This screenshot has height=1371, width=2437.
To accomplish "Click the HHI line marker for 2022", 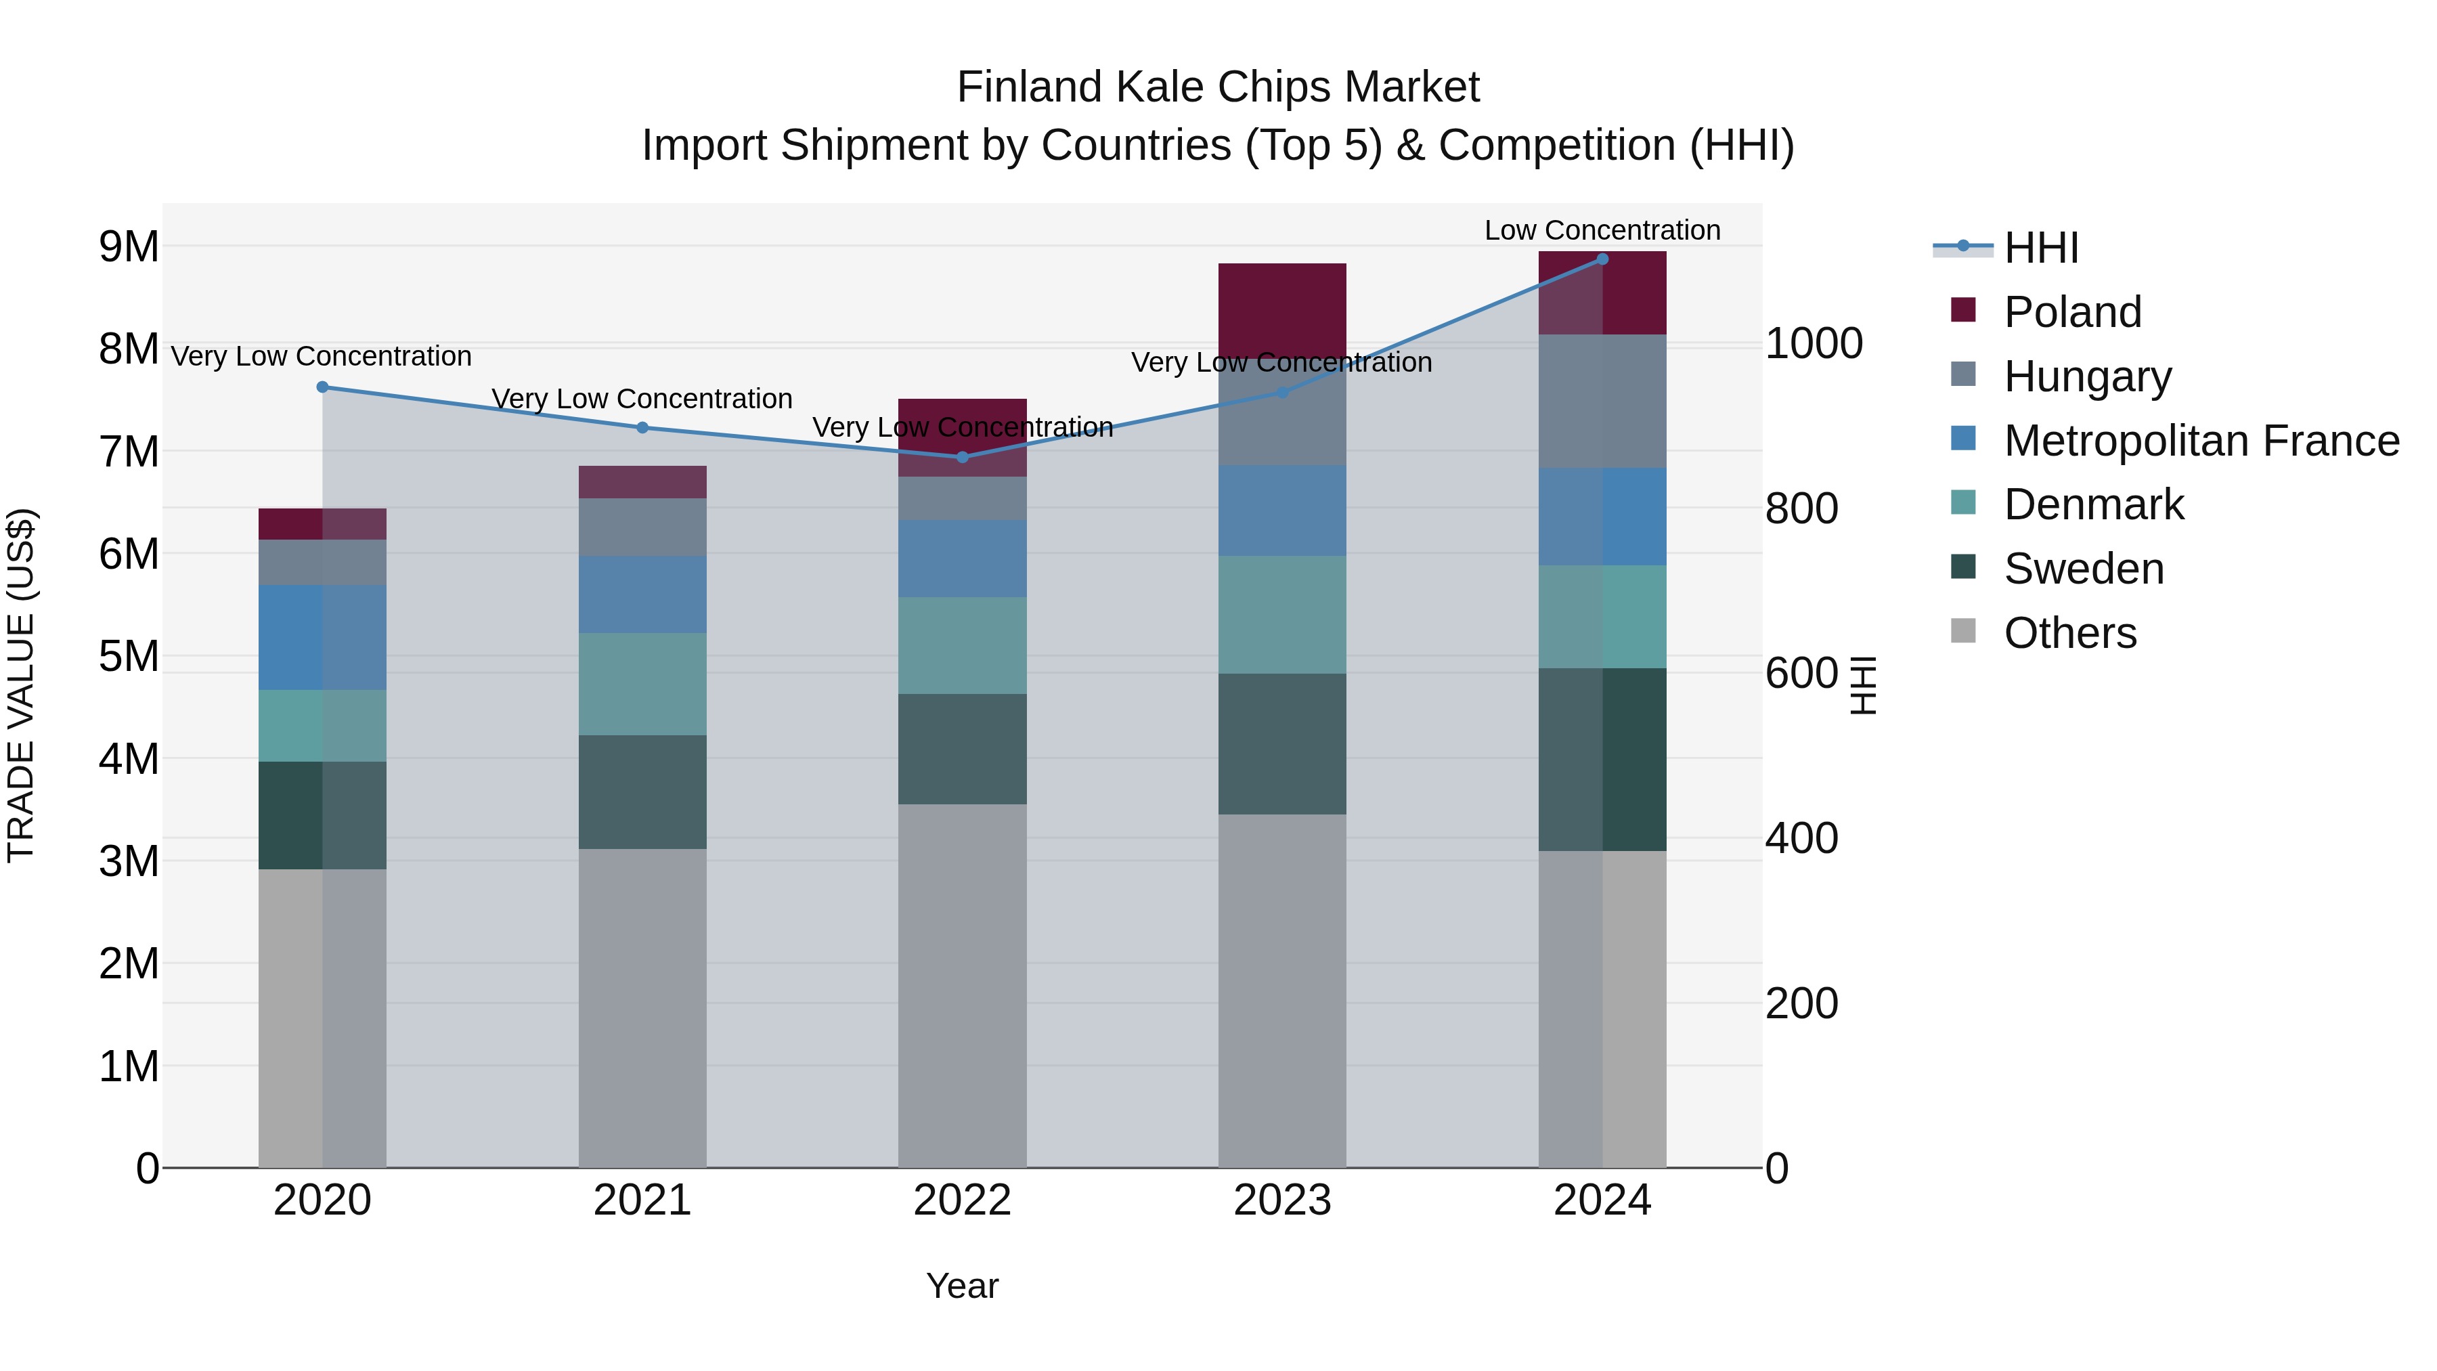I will pyautogui.click(x=962, y=457).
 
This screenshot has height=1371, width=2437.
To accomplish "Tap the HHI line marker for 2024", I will pyautogui.click(x=1602, y=259).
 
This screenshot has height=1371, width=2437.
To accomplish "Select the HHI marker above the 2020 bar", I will pyautogui.click(x=322, y=387).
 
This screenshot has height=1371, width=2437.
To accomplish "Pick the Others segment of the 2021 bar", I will pyautogui.click(x=642, y=1007).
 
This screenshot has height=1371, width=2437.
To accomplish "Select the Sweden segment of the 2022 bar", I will pyautogui.click(x=962, y=749).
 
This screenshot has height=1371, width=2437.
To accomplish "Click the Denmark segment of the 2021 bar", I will pyautogui.click(x=642, y=684).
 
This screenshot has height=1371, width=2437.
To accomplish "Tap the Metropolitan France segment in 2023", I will pyautogui.click(x=1282, y=511).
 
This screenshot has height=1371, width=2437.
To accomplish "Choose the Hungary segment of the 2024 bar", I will pyautogui.click(x=1602, y=401).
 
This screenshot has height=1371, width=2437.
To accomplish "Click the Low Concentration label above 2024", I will pyautogui.click(x=1602, y=230).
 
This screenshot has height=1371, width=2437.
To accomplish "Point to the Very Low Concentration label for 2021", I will pyautogui.click(x=642, y=399).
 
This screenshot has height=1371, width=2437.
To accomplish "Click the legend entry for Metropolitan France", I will pyautogui.click(x=2201, y=441).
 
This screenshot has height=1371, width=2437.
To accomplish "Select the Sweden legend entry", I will pyautogui.click(x=2083, y=569).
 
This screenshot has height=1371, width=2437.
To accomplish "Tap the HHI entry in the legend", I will pyautogui.click(x=2040, y=248).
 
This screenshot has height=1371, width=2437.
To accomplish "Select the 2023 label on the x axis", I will pyautogui.click(x=1282, y=1200).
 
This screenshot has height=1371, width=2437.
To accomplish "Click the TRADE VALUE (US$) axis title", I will pyautogui.click(x=21, y=685).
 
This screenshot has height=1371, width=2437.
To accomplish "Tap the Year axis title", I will pyautogui.click(x=962, y=1286).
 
